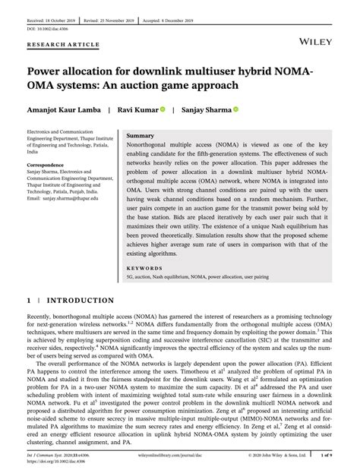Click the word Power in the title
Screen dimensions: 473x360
(x=50, y=70)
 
